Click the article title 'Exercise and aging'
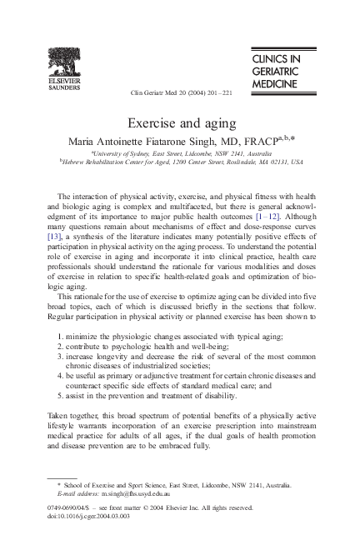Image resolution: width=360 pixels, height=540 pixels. pyautogui.click(x=180, y=122)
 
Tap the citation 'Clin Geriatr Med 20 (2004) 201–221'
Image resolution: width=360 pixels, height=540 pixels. pyautogui.click(x=182, y=92)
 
